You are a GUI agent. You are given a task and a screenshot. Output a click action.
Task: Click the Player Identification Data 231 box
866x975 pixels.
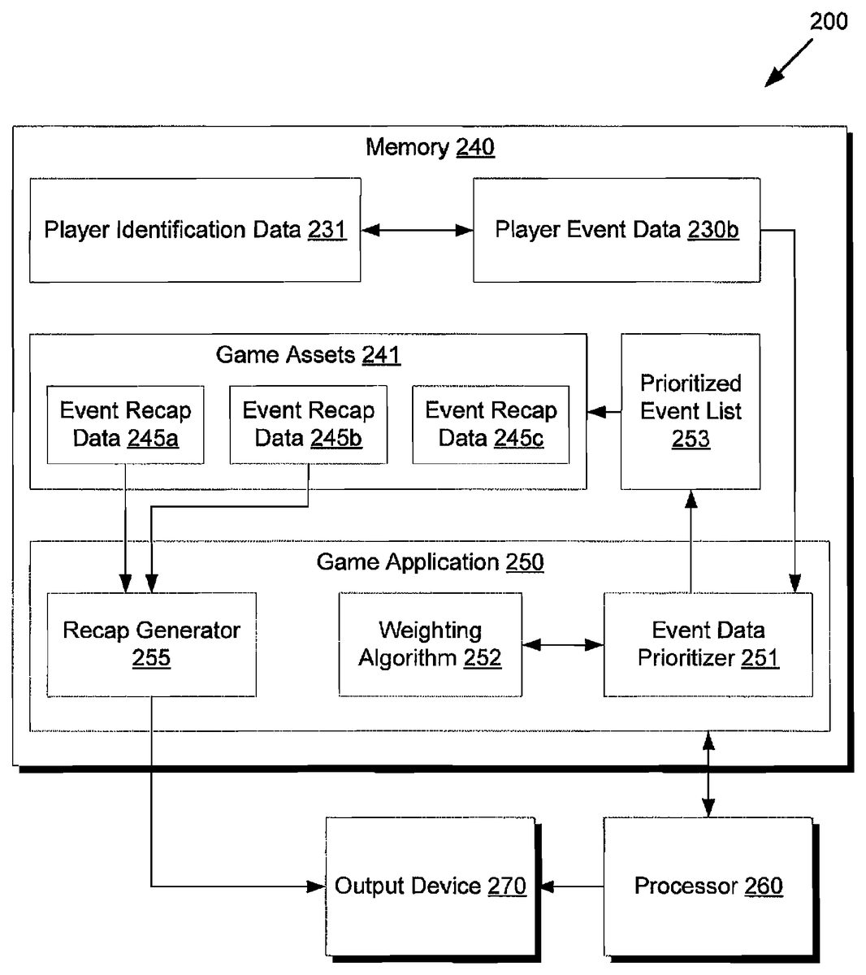tap(195, 230)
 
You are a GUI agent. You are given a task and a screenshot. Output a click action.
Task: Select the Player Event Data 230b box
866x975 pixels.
tap(617, 230)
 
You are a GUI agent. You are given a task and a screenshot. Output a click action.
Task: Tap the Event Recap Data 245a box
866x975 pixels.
tap(125, 424)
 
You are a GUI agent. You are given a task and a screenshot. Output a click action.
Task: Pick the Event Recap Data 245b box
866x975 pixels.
tap(308, 424)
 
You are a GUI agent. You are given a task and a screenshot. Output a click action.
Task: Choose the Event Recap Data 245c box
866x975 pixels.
tap(491, 424)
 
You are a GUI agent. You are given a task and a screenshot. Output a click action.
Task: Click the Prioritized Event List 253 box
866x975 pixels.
tap(691, 411)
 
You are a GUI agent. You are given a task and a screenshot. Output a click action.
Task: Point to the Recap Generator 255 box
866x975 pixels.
tap(151, 644)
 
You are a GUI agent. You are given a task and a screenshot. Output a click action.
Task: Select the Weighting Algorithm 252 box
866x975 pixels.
tap(430, 644)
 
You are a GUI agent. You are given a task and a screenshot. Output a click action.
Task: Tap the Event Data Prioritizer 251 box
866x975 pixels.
tap(708, 644)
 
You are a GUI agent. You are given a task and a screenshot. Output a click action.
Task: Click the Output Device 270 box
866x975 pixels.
tap(430, 886)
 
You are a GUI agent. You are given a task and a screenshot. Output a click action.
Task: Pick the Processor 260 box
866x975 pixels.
tap(708, 886)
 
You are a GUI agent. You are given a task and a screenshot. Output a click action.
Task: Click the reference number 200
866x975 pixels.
tap(829, 21)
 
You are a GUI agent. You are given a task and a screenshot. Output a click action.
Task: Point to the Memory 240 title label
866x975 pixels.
tap(430, 147)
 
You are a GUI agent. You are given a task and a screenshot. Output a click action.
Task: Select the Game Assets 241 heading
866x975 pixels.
tap(308, 355)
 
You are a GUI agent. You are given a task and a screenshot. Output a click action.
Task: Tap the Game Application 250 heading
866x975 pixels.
tap(430, 562)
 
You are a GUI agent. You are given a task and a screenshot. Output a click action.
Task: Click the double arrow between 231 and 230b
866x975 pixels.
tap(417, 231)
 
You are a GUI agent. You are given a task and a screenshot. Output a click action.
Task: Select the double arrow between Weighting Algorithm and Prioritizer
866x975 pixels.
tap(563, 645)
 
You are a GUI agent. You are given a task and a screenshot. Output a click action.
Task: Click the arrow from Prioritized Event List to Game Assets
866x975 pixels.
tap(604, 412)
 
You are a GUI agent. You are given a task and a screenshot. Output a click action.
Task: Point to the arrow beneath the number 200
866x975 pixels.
tap(788, 63)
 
